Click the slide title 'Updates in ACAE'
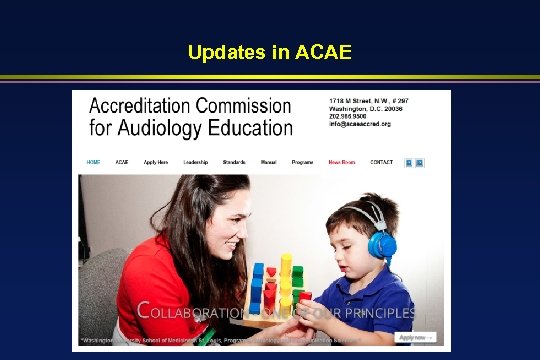(x=269, y=51)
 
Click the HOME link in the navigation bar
(x=93, y=162)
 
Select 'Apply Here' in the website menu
(x=156, y=162)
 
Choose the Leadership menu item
(x=196, y=162)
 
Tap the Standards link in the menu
(x=234, y=162)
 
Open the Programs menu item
(x=302, y=162)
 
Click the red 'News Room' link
(x=341, y=162)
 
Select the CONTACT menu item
(x=381, y=162)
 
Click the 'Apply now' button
(x=417, y=338)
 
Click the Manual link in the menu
(x=268, y=162)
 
